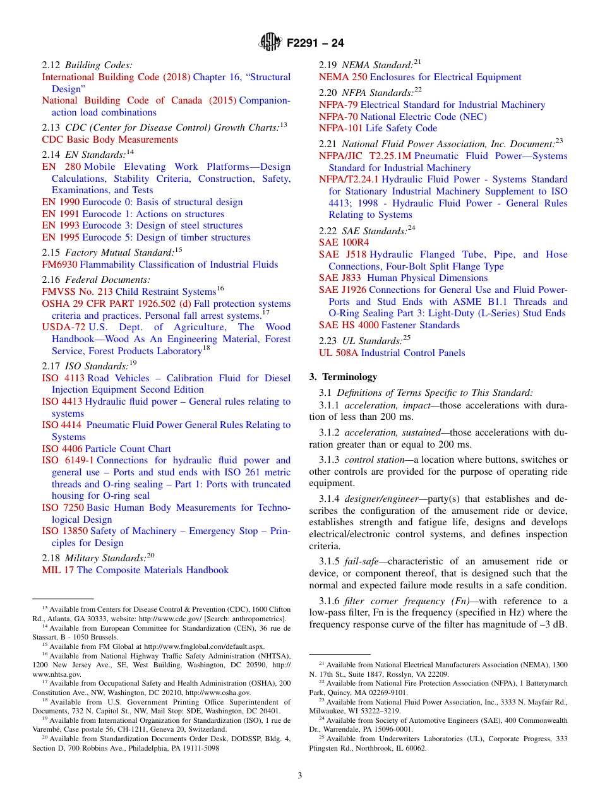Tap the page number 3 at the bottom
tap(300, 775)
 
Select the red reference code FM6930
tap(59, 265)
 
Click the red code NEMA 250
tap(343, 77)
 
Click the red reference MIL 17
tap(57, 570)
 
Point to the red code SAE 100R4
tap(344, 242)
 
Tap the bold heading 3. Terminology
tap(343, 377)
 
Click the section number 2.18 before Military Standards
tap(52, 558)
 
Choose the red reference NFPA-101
tap(340, 128)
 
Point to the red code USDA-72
tap(64, 327)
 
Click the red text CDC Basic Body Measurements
tap(110, 140)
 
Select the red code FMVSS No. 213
tap(78, 292)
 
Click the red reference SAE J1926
tap(342, 290)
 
